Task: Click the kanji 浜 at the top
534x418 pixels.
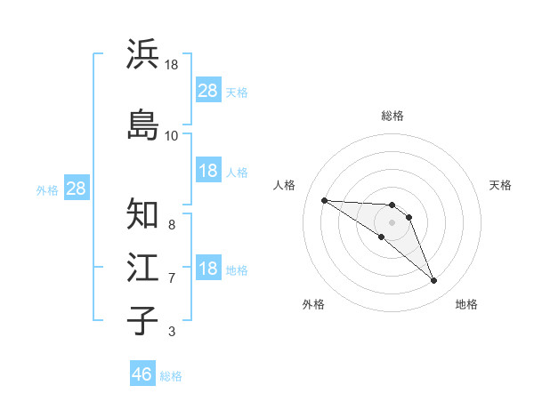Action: pos(143,54)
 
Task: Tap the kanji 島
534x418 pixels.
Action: pos(143,125)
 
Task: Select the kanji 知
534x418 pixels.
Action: pos(143,214)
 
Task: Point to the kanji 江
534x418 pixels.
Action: pos(143,268)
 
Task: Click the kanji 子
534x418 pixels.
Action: pos(143,320)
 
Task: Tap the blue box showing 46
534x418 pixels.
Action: pos(142,374)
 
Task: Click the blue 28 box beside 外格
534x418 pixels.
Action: pos(76,189)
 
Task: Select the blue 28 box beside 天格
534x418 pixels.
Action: pos(208,91)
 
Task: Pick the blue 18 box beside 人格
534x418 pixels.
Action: pos(208,171)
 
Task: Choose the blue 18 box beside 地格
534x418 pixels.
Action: pos(208,269)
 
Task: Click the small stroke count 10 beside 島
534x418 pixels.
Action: pos(172,135)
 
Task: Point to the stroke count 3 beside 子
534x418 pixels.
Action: pos(171,332)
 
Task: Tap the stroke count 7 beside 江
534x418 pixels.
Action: pos(171,278)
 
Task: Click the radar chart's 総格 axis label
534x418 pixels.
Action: pos(392,116)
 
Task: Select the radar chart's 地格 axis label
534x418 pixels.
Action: pos(466,305)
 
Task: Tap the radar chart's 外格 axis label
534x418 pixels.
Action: pos(313,305)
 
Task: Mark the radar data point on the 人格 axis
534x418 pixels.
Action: pos(324,200)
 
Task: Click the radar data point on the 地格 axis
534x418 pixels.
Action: pos(434,281)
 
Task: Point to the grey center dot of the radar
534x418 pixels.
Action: pos(392,222)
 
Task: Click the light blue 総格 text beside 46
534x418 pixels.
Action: pos(171,376)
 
